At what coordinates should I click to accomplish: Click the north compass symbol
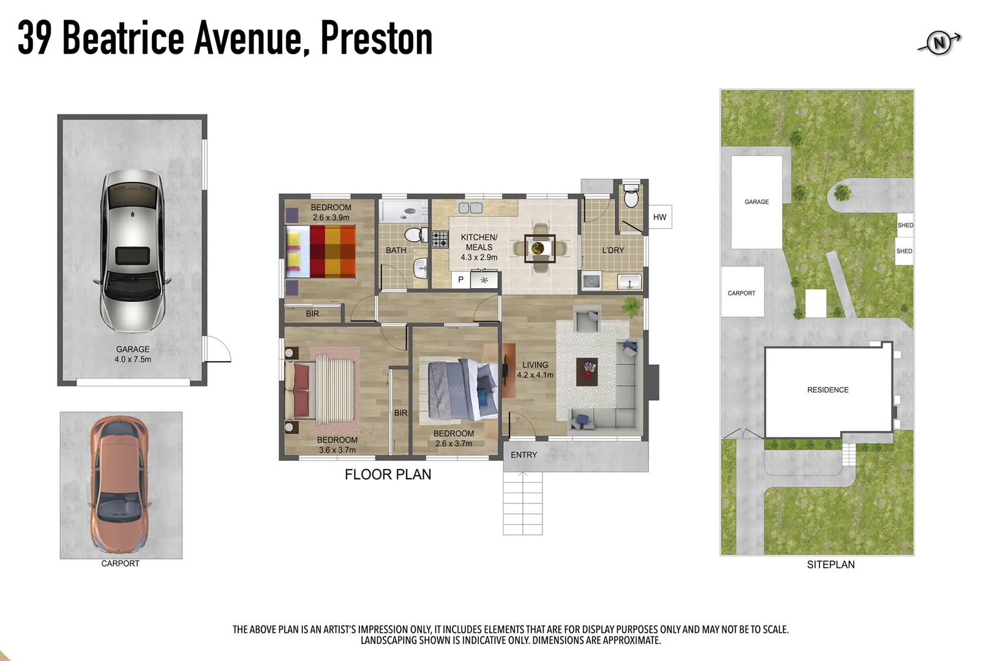939,43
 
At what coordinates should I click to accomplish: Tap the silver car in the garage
132,251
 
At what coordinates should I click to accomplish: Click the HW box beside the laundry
659,217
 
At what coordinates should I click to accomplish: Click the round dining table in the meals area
539,248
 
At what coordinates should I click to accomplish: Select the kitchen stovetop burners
440,239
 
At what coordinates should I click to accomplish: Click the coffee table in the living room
587,372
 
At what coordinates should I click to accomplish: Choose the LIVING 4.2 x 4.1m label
535,370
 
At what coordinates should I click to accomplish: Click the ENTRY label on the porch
524,455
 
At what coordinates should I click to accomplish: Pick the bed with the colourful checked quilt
321,252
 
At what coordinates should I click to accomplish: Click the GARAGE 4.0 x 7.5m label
133,354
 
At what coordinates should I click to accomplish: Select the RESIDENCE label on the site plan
827,390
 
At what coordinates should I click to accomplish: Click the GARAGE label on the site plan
756,202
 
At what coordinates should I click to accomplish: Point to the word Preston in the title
376,39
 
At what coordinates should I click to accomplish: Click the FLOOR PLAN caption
388,474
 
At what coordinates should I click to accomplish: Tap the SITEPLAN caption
830,564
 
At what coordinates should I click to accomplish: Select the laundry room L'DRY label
613,250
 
